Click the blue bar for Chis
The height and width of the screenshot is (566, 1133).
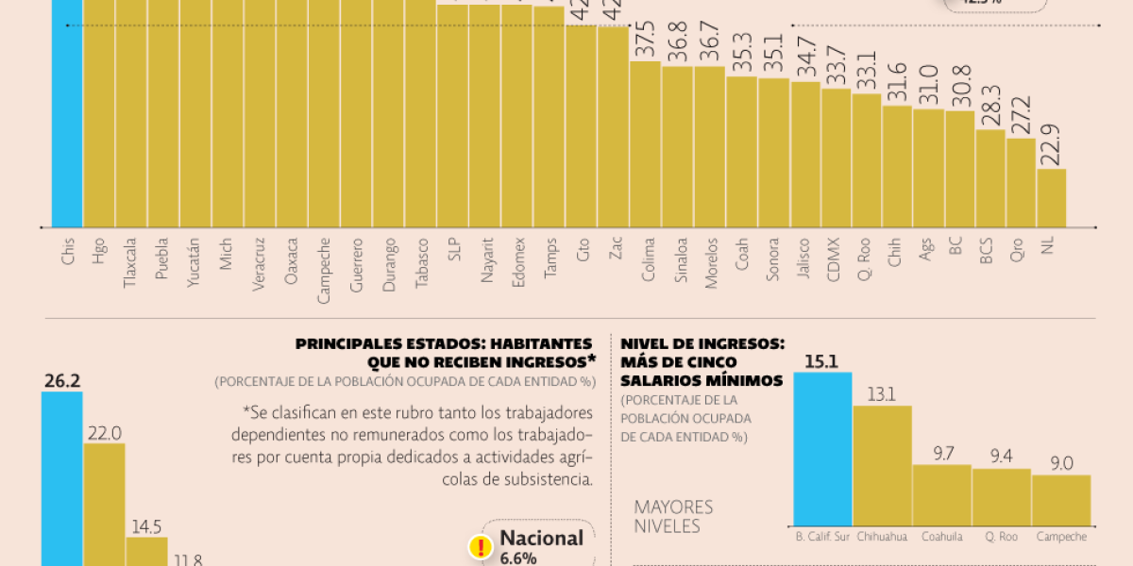tap(66, 113)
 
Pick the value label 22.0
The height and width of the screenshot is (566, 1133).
tap(104, 432)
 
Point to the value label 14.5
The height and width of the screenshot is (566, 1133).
tap(146, 526)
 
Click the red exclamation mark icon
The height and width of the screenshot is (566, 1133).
tap(482, 546)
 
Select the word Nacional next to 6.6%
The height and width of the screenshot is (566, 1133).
tap(541, 538)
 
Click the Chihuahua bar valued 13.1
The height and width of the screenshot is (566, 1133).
tap(882, 466)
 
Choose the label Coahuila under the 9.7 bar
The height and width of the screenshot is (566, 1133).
tap(941, 537)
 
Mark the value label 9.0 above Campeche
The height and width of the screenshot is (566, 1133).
tap(1060, 463)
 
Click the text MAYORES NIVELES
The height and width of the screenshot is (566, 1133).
tap(673, 516)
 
